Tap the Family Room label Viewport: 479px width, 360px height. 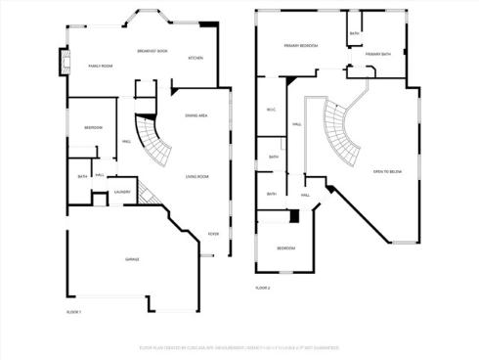click(x=102, y=66)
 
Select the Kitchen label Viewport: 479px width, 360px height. click(x=196, y=58)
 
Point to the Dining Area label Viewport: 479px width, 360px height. click(x=196, y=116)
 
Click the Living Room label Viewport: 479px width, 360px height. click(x=197, y=177)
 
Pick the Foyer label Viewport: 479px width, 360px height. click(x=213, y=233)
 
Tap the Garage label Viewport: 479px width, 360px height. click(x=131, y=259)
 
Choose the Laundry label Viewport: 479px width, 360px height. click(x=122, y=193)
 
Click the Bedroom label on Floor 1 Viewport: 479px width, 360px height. click(x=93, y=128)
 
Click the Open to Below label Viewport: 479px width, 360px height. click(x=388, y=172)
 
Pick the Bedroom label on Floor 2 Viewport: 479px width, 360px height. click(x=285, y=248)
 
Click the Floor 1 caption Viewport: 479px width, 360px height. click(x=73, y=311)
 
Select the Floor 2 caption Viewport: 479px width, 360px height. click(x=262, y=288)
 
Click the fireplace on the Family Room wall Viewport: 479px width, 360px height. click(x=66, y=65)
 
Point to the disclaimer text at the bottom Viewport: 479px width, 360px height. click(x=239, y=346)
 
